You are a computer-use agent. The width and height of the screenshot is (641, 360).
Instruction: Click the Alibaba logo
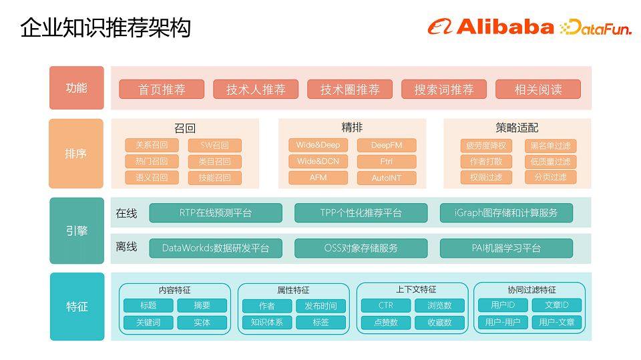point(491,27)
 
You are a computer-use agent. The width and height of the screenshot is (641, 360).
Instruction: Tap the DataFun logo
point(596,27)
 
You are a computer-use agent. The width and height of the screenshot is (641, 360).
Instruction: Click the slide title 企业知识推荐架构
point(105,27)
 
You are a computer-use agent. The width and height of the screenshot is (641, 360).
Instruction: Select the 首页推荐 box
point(162,89)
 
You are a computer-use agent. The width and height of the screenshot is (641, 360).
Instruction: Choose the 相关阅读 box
point(538,89)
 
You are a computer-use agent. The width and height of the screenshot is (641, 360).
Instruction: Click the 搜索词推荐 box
point(443,89)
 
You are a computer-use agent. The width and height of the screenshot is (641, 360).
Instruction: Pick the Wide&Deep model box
point(318,145)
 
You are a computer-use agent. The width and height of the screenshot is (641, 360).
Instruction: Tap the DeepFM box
point(387,145)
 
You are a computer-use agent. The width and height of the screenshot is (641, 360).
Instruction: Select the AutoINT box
point(387,178)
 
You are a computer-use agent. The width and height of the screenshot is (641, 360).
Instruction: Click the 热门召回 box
point(152,161)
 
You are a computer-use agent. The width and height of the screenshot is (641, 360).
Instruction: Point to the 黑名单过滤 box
point(550,146)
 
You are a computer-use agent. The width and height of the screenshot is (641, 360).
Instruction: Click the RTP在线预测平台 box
point(216,213)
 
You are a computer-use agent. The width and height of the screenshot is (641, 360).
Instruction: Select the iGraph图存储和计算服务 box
point(505,213)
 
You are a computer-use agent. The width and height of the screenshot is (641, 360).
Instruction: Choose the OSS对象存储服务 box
point(361,248)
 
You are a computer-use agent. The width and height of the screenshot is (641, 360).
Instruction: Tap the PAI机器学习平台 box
point(505,248)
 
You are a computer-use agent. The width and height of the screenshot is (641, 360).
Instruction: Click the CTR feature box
point(385,305)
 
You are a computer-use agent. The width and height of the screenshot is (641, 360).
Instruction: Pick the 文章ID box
point(556,305)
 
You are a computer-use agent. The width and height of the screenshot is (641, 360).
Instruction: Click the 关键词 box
point(148,322)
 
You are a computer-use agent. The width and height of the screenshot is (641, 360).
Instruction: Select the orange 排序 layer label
point(76,154)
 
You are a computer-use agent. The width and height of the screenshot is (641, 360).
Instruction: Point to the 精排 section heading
point(352,128)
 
